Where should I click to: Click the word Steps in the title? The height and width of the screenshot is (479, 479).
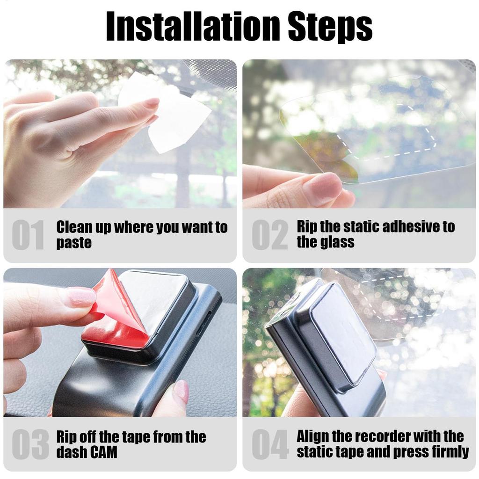point(330,27)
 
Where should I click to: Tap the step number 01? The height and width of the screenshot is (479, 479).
point(29,235)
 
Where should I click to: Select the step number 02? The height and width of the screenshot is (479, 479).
point(270,235)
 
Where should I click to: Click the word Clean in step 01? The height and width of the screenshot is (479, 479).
point(74,227)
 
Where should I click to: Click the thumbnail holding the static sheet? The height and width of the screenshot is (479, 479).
point(323,187)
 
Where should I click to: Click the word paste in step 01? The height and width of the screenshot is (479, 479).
point(74,243)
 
